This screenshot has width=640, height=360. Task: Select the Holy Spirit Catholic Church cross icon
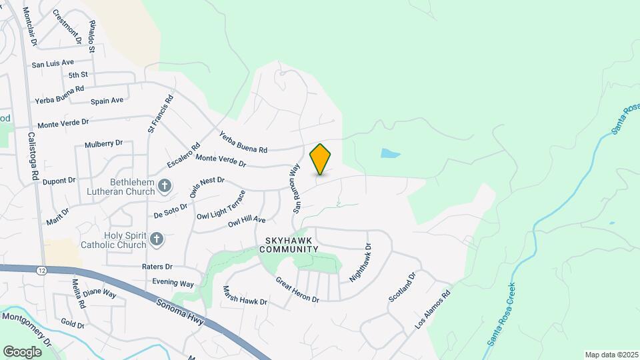(x=157, y=239)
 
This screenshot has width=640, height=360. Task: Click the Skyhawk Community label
(x=291, y=244)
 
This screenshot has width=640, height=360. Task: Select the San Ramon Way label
(x=294, y=189)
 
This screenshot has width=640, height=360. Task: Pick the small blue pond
(x=391, y=154)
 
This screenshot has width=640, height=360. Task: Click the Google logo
(x=22, y=351)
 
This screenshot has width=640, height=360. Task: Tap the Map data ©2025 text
(x=610, y=354)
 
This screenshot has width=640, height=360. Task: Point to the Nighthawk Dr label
(x=360, y=261)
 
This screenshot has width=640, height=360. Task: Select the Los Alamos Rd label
(x=433, y=309)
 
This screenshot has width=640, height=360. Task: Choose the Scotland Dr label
(x=403, y=287)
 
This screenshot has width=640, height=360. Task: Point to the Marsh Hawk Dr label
(x=245, y=296)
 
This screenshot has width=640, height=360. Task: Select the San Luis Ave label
(x=53, y=64)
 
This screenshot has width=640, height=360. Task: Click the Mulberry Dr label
(x=104, y=143)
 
